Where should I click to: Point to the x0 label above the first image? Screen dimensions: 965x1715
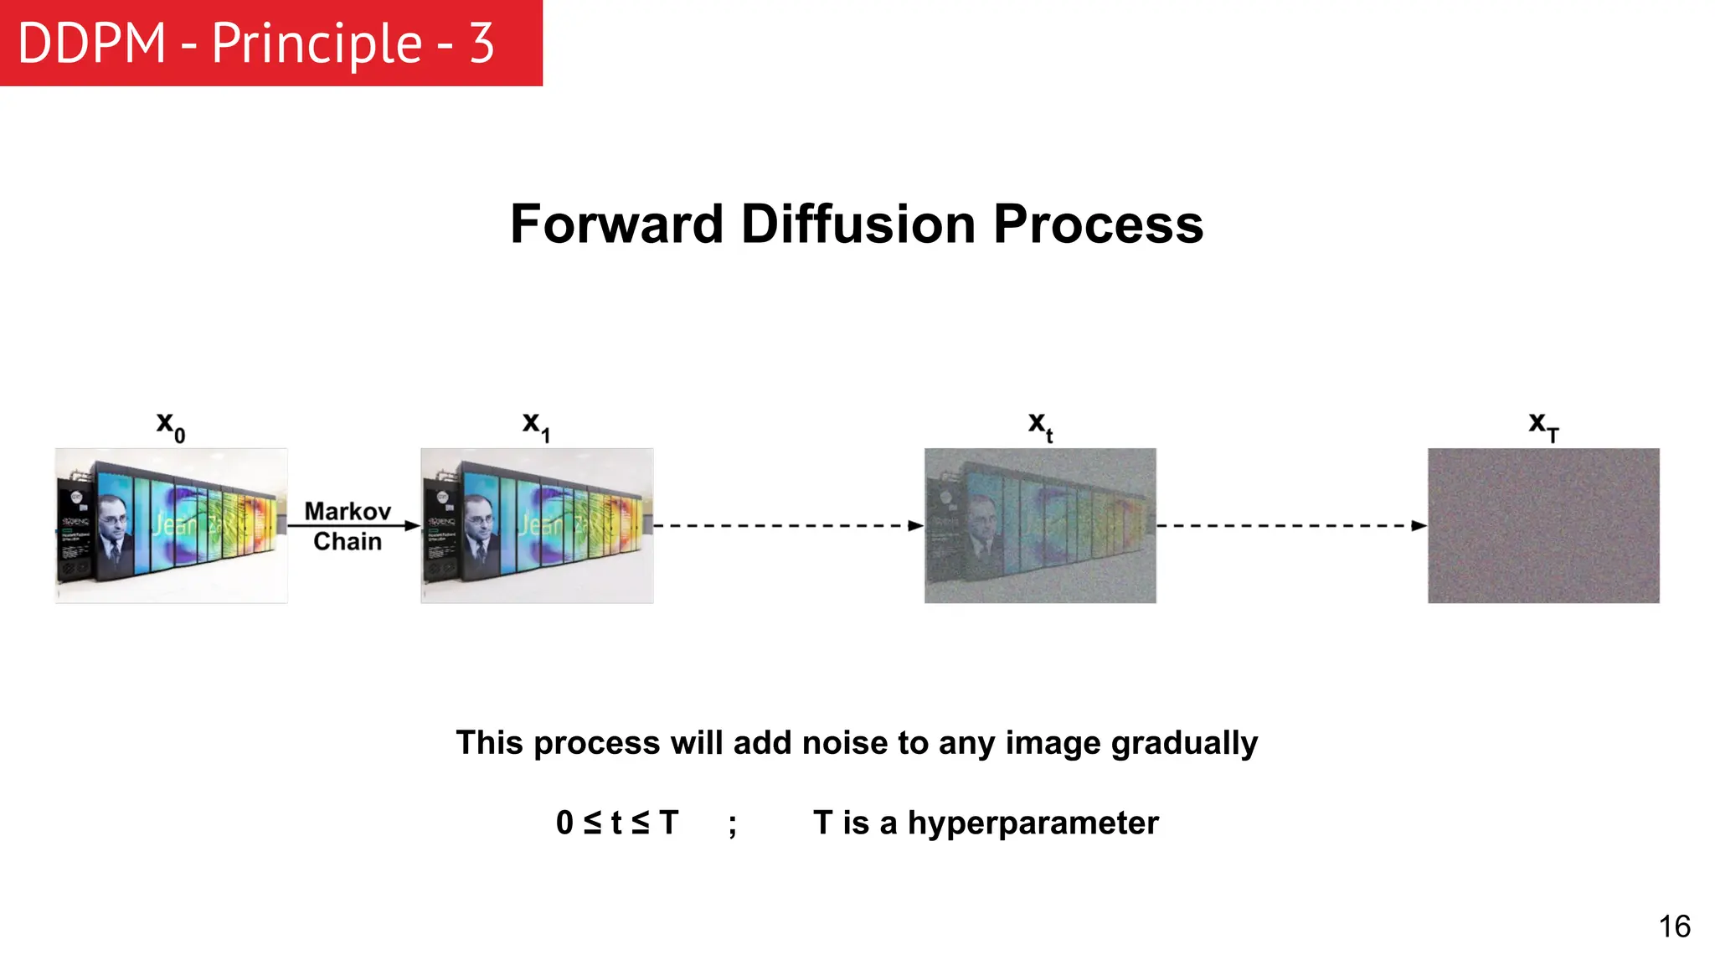pos(171,426)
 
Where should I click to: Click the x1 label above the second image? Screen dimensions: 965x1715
pos(536,426)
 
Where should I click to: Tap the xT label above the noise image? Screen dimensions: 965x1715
pos(1543,426)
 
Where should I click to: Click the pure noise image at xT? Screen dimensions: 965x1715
pos(1543,525)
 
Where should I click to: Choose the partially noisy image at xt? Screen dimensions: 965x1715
pos(1040,525)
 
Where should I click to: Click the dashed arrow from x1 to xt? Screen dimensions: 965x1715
pos(787,526)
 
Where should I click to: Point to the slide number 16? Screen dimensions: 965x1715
pos(1674,926)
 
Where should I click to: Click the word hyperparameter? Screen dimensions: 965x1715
pos(1033,823)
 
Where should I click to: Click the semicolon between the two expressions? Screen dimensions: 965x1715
pos(733,825)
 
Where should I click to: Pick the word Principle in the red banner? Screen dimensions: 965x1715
pos(317,44)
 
